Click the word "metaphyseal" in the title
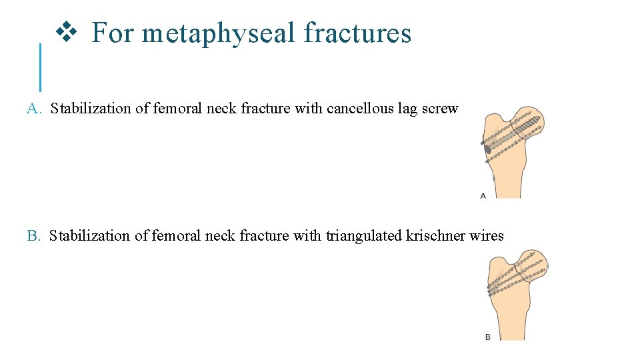coord(218,33)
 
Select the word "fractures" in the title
coord(357,33)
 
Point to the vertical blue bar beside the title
coord(40,67)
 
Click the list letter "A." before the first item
coord(35,109)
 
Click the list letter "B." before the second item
coord(34,236)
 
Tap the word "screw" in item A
coord(440,109)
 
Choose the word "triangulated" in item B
coord(364,236)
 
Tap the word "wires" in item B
coord(487,236)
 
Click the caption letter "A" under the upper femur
coord(483,196)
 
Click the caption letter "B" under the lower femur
coord(488,337)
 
